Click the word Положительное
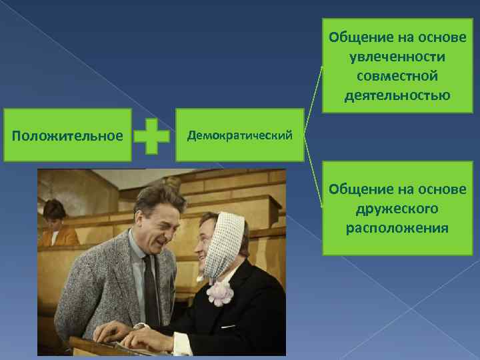tap(68, 136)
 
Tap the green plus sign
tap(151, 136)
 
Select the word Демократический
tap(240, 136)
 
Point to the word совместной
tap(397, 75)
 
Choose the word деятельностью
tap(397, 95)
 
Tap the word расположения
tap(397, 229)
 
